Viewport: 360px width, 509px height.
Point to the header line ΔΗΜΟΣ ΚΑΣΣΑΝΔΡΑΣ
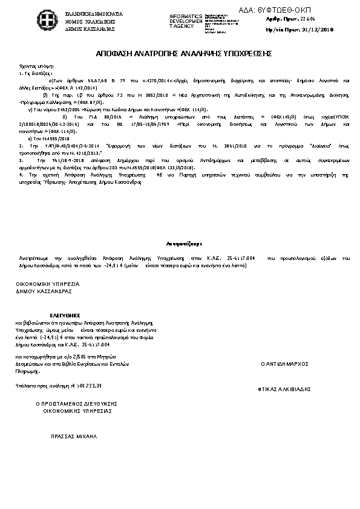[91, 28]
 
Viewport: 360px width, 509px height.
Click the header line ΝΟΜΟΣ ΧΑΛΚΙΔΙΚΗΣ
[91, 21]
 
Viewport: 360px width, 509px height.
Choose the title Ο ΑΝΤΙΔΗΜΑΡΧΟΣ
[284, 364]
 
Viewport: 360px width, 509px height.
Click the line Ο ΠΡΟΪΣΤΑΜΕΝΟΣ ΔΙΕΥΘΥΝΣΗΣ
[76, 403]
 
